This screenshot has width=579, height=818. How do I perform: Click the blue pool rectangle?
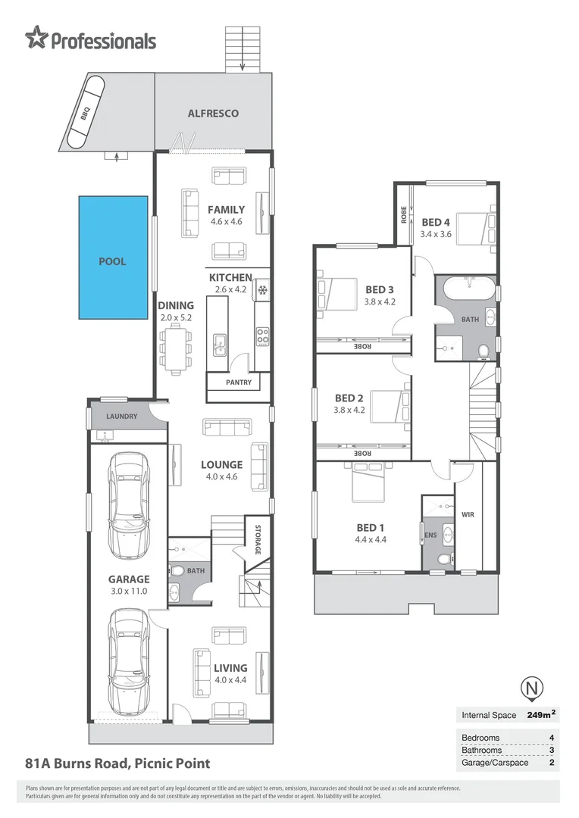(x=112, y=257)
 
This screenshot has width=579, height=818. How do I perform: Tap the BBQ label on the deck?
(x=86, y=114)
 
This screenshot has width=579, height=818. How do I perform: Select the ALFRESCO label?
(x=213, y=114)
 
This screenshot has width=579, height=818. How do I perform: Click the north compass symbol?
(x=534, y=688)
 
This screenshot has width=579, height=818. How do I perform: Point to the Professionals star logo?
(x=36, y=37)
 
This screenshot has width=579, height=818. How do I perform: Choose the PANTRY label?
(x=239, y=382)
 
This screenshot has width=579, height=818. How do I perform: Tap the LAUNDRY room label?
(x=121, y=417)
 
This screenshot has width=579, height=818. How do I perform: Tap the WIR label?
(x=467, y=514)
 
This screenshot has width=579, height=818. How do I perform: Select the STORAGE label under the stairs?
(x=257, y=539)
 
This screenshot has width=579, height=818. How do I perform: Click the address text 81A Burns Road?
(x=117, y=763)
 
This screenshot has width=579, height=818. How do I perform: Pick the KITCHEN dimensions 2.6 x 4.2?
(x=230, y=289)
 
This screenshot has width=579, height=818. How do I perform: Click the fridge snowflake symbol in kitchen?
(x=262, y=290)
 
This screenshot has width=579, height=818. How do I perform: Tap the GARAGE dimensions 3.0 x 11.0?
(x=128, y=592)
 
